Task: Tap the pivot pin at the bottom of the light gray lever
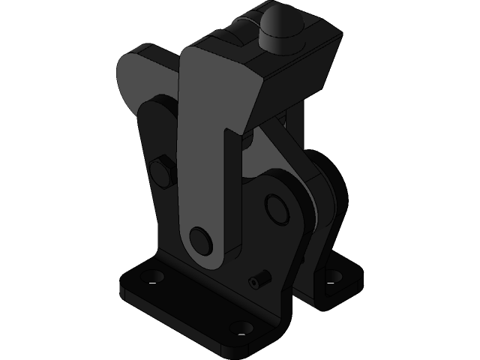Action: click(201, 239)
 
